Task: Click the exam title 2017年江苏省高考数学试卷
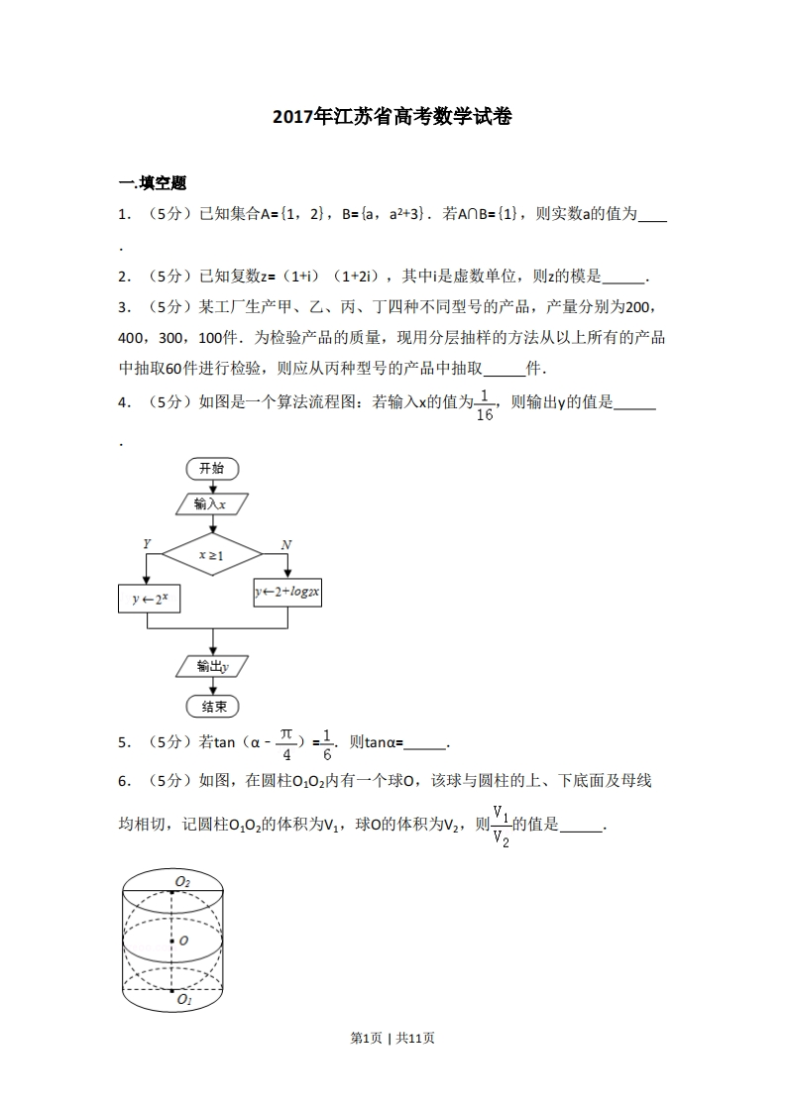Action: point(393,117)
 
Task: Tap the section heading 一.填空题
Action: point(152,182)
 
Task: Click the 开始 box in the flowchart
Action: point(211,468)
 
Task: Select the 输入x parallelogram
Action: point(211,503)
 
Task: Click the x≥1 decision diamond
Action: point(211,556)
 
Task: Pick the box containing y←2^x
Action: point(149,599)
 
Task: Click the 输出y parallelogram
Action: point(211,666)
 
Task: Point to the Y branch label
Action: point(146,544)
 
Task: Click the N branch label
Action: point(285,544)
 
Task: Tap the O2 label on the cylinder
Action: point(182,881)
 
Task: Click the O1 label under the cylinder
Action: point(183,1001)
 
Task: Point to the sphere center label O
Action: point(183,941)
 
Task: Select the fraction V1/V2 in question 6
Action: point(502,826)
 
